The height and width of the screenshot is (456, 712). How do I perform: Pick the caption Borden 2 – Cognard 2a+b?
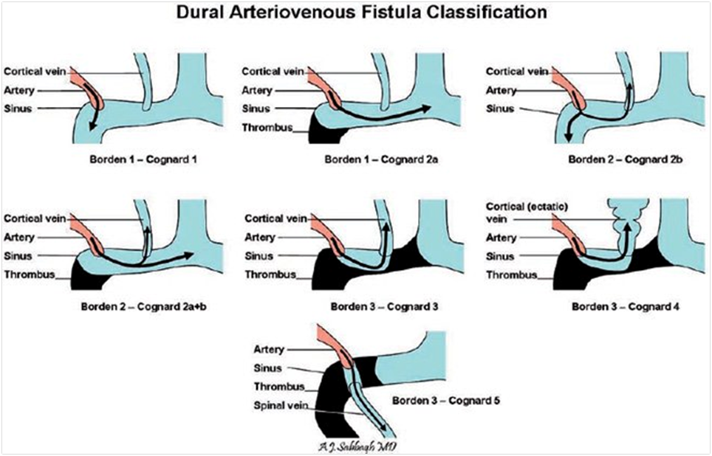130,305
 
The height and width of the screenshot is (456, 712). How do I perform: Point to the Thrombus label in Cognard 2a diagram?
267,128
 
